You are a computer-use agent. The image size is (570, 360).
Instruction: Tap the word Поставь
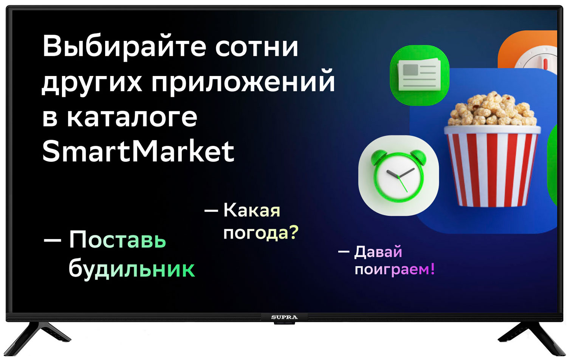pos(118,240)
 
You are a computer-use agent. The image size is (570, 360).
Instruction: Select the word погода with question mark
pos(261,232)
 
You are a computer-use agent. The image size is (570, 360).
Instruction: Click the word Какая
pos(252,211)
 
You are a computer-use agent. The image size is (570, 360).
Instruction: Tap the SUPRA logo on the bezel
pos(284,317)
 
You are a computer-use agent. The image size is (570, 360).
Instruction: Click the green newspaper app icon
pos(420,75)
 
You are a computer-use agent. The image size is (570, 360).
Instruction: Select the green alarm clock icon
pos(398,176)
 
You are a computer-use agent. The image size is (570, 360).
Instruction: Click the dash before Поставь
pos(53,240)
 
